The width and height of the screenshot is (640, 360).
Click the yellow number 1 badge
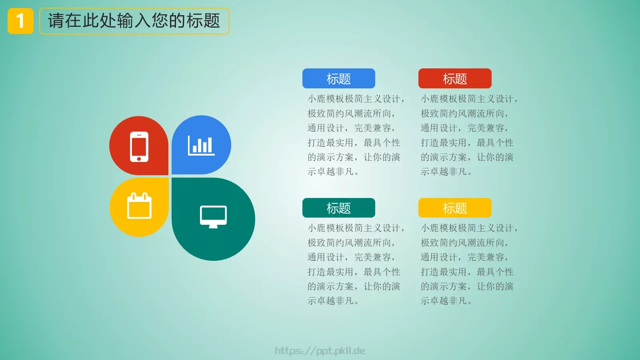click(x=20, y=21)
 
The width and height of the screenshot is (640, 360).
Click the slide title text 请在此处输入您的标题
click(x=134, y=21)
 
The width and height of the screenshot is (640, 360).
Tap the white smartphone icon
click(x=139, y=146)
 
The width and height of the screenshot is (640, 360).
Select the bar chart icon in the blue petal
click(x=201, y=145)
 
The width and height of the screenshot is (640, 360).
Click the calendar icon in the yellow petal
click(x=139, y=206)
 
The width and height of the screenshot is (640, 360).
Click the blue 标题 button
click(x=338, y=78)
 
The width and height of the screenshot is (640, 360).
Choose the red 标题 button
click(x=454, y=78)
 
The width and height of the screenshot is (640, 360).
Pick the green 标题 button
click(x=338, y=208)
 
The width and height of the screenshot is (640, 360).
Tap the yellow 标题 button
click(x=454, y=208)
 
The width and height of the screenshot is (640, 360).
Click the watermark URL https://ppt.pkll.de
click(x=320, y=351)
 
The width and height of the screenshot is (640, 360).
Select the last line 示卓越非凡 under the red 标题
click(x=446, y=172)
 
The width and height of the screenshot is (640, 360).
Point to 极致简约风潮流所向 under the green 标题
click(x=351, y=243)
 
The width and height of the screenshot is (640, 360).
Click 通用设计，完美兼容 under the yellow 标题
click(x=464, y=257)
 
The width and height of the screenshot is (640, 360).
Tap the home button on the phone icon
click(x=139, y=159)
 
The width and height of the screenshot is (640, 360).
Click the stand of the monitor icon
click(x=213, y=226)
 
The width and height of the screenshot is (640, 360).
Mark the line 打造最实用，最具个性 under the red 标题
click(x=467, y=143)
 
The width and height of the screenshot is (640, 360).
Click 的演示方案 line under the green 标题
click(x=354, y=286)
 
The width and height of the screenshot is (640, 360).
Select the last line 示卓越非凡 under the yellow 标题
click(x=446, y=301)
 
